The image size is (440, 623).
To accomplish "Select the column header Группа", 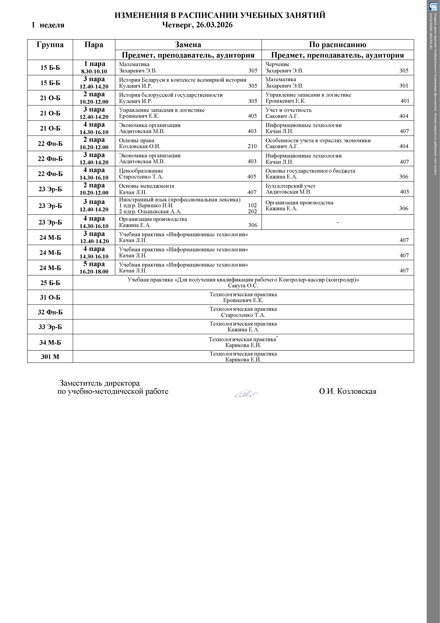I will pyautogui.click(x=50, y=45).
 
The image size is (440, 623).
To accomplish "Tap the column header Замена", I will pyautogui.click(x=188, y=45).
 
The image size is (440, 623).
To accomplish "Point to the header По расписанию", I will pyautogui.click(x=337, y=45).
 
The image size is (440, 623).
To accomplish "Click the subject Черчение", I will pyautogui.click(x=277, y=64).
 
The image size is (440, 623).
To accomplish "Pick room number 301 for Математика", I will pyautogui.click(x=404, y=86).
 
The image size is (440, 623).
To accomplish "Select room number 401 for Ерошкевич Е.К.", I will pyautogui.click(x=405, y=101).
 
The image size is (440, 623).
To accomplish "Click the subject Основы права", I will pyautogui.click(x=137, y=140).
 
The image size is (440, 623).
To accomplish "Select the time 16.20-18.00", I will pyautogui.click(x=94, y=272).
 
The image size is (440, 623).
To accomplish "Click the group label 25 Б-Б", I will pyautogui.click(x=50, y=283).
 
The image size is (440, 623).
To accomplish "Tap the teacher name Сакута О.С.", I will pyautogui.click(x=243, y=286).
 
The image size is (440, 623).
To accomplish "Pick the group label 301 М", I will pyautogui.click(x=50, y=357).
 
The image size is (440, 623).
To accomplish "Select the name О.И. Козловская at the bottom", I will pyautogui.click(x=348, y=391).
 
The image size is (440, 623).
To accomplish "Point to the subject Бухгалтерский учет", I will pyautogui.click(x=290, y=186).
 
